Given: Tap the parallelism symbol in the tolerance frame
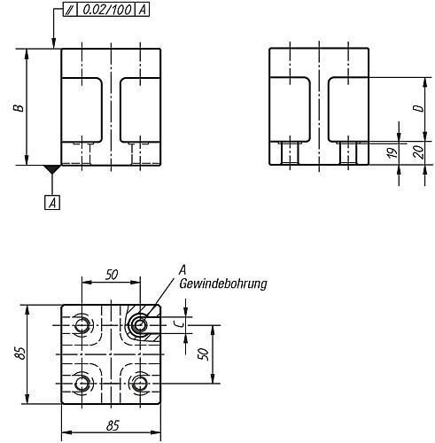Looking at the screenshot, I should click(68, 11).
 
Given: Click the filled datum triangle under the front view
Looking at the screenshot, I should click(53, 168).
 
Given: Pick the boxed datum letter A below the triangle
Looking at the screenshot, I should click(53, 203).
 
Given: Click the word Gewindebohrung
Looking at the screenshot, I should click(222, 284).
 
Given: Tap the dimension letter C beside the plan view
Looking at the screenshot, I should click(178, 324).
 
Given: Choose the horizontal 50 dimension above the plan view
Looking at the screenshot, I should click(110, 275).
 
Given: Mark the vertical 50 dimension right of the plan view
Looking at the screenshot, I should click(203, 353).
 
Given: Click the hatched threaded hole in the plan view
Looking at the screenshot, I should click(139, 325).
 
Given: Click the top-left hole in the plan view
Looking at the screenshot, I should click(82, 326).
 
